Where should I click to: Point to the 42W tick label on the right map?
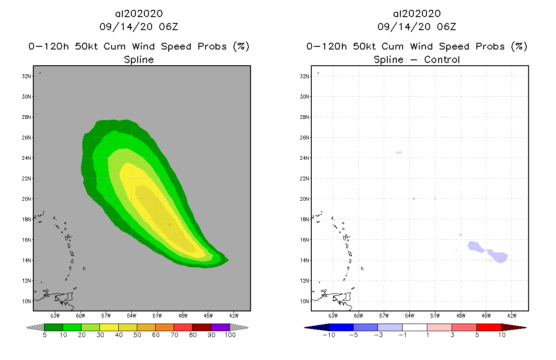511,315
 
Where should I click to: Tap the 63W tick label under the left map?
55,315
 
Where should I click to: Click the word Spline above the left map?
139,59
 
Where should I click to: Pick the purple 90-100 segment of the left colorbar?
220,327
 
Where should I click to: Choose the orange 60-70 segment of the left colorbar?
165,327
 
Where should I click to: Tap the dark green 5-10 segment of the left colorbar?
54,327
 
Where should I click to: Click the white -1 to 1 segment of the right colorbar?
414,327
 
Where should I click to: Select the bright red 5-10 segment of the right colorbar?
489,327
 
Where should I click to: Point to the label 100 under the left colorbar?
230,336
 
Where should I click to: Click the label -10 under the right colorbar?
329,336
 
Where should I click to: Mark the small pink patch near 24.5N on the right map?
399,152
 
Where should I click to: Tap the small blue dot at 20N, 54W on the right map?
413,198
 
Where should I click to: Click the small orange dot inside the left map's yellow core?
170,225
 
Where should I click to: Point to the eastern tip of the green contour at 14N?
229,260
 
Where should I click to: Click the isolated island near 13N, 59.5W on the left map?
84,269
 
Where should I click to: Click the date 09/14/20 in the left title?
116,27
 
